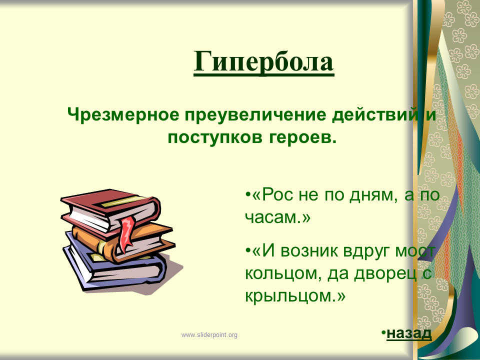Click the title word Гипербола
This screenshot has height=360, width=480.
pos(263,61)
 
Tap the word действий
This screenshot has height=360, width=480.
pos(375,115)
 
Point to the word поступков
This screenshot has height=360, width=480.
pos(215,138)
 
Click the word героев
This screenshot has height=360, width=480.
pos(303,138)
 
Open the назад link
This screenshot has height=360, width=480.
pos(409,333)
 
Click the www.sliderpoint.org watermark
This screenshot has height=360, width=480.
pos(209,335)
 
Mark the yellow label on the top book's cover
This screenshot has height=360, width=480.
pos(122,202)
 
